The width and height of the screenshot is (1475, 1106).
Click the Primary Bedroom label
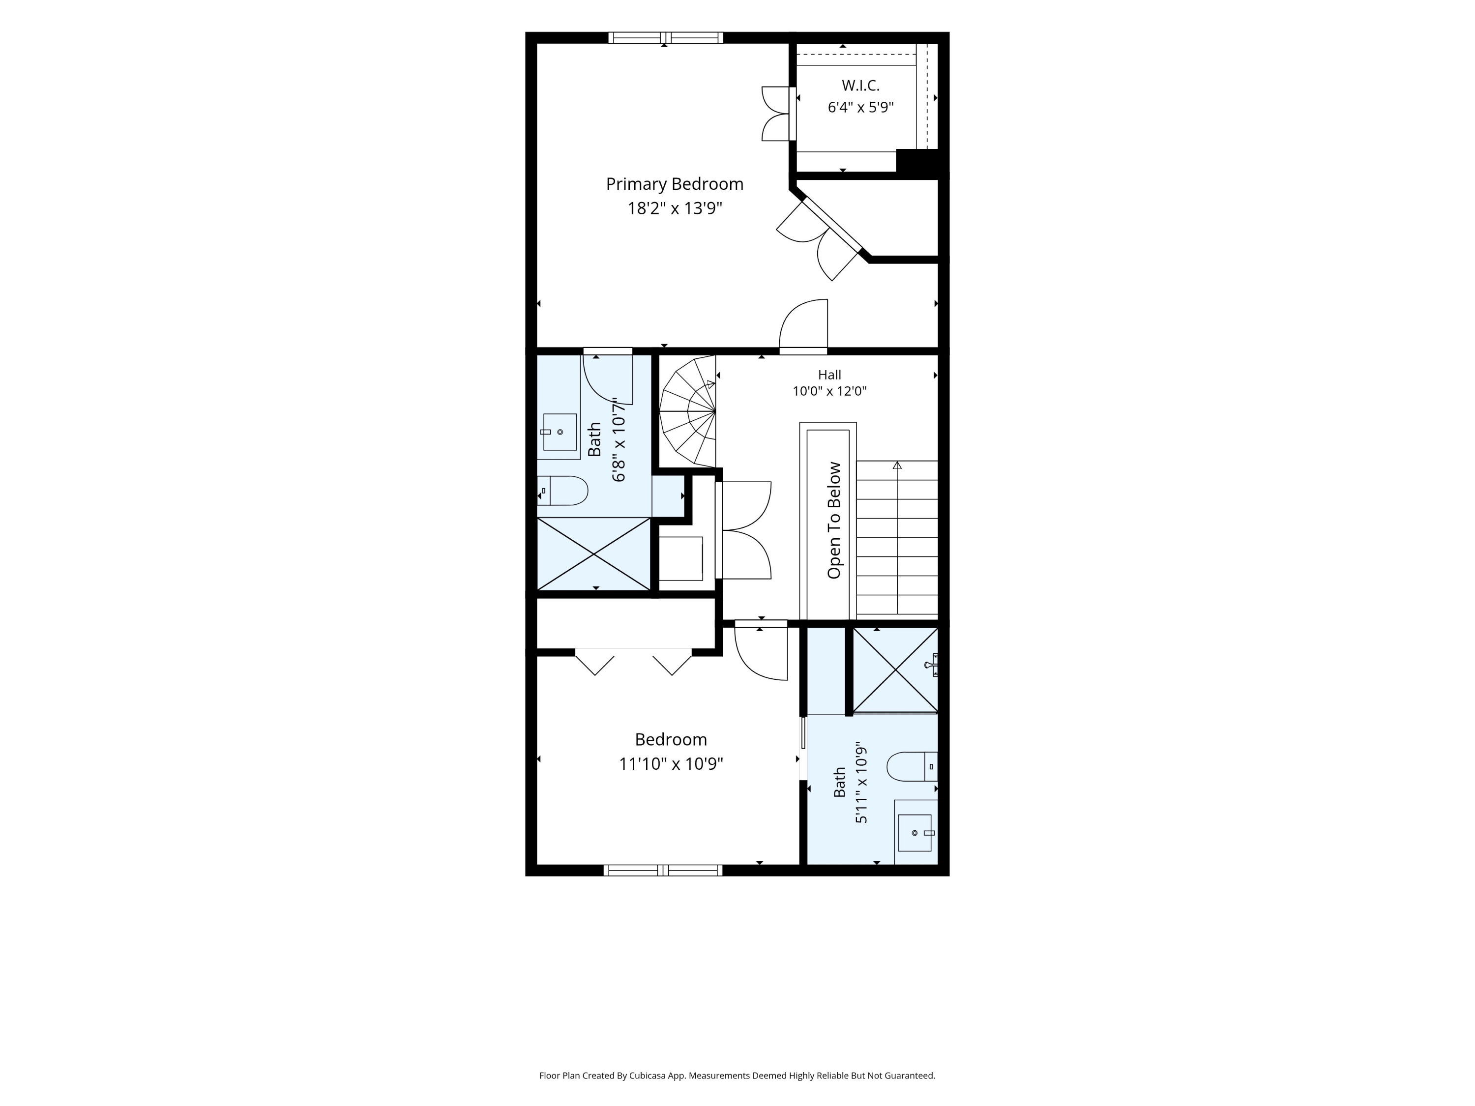(674, 184)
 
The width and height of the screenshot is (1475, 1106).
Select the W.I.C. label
(860, 86)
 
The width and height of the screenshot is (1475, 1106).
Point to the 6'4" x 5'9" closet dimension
(860, 107)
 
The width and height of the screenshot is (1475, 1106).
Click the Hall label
(829, 375)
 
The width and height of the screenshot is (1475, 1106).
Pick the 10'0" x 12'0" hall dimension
(829, 391)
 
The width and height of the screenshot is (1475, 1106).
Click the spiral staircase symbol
(687, 411)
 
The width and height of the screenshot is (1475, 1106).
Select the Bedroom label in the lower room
(671, 739)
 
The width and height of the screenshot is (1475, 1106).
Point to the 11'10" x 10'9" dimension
(671, 764)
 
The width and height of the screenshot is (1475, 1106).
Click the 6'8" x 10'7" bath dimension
(619, 440)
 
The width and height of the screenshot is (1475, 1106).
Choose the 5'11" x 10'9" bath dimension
(861, 783)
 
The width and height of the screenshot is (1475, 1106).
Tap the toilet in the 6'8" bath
(562, 491)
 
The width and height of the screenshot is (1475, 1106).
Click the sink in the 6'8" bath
(560, 432)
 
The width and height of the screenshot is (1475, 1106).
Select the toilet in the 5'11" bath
(912, 767)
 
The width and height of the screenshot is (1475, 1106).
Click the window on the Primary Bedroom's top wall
(666, 38)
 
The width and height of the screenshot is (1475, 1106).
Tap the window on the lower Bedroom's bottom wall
(663, 870)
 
